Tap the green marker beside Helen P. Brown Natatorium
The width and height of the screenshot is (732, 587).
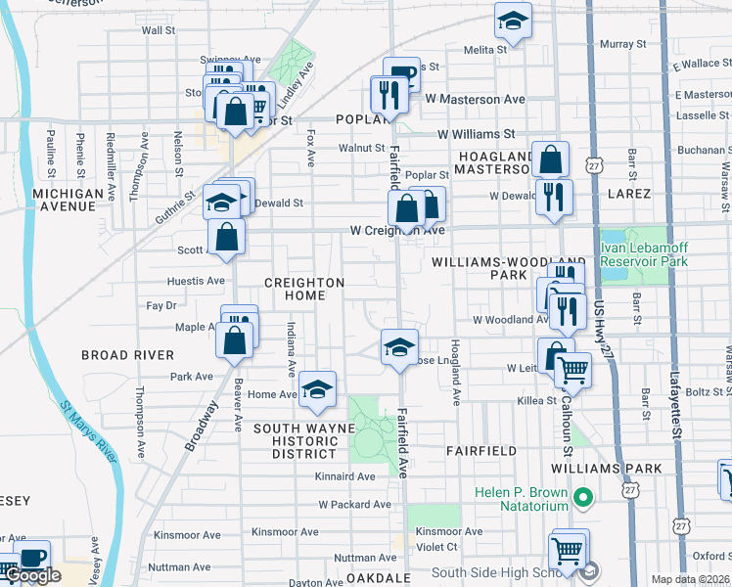[x=584, y=499]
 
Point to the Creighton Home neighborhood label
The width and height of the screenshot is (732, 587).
[x=304, y=289]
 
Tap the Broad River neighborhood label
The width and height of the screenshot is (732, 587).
[x=127, y=355]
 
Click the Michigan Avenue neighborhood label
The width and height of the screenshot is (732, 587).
[x=81, y=201]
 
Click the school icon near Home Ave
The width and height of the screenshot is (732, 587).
[x=317, y=389]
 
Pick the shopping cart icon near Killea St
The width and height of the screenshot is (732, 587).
[x=572, y=369]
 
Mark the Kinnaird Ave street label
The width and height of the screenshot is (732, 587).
[x=345, y=476]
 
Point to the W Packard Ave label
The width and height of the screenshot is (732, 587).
[x=354, y=505]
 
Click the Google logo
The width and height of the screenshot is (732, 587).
[x=32, y=575]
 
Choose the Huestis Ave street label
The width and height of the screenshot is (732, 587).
[x=197, y=281]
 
